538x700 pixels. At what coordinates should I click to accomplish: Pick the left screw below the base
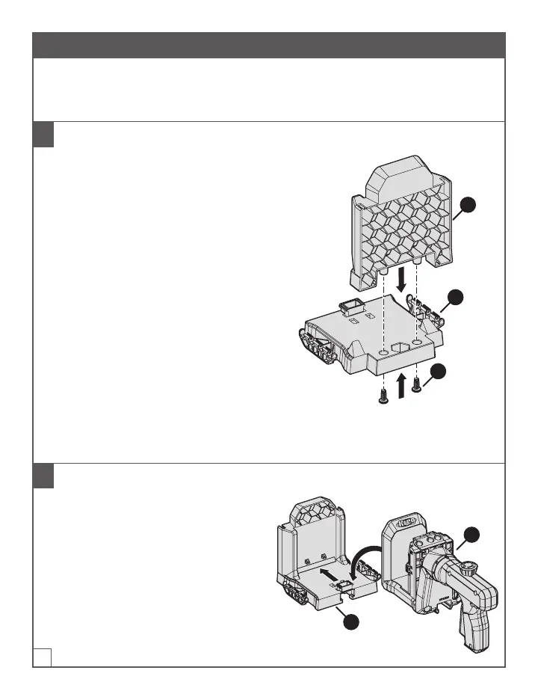(383, 396)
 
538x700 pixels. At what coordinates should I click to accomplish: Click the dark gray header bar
(269, 45)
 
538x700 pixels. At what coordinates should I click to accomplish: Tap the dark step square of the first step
(44, 135)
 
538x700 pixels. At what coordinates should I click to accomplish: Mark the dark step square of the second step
(44, 476)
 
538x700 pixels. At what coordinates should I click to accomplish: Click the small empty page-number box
(43, 657)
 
